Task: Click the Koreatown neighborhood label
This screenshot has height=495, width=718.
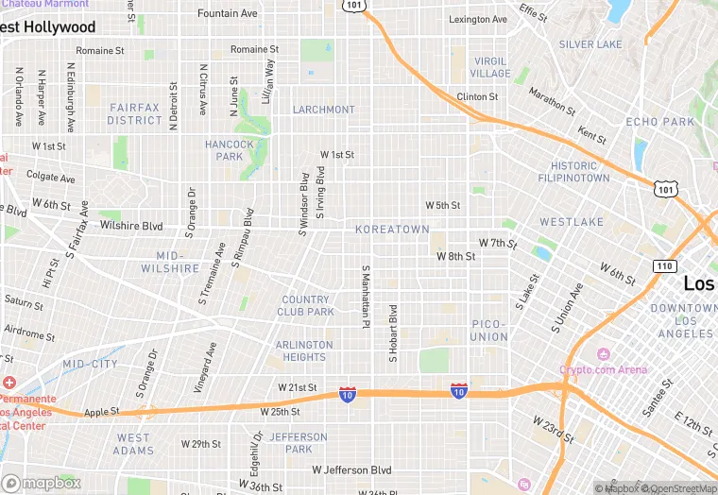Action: tap(392, 230)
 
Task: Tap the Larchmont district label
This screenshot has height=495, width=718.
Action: tap(323, 110)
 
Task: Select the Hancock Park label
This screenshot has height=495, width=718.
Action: tap(230, 150)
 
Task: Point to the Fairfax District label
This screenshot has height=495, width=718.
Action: tap(135, 114)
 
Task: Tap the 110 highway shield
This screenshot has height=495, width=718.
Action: tap(663, 266)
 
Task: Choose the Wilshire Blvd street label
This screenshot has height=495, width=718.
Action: tap(131, 226)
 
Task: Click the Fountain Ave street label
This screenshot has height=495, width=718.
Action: tap(227, 14)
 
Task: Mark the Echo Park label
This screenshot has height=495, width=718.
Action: tap(659, 122)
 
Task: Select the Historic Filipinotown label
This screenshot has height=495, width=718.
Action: tap(573, 172)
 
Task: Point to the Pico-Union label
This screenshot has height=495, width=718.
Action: tap(489, 331)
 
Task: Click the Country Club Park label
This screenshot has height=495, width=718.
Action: tap(307, 306)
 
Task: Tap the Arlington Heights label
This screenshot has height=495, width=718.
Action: tap(304, 351)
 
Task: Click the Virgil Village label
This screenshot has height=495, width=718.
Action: tap(490, 67)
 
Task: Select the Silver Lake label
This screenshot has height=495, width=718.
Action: tap(590, 44)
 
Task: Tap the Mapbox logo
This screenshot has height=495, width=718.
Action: tap(41, 483)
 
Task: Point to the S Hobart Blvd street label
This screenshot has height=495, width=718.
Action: tap(393, 333)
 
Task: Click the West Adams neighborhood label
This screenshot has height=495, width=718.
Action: tap(133, 444)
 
